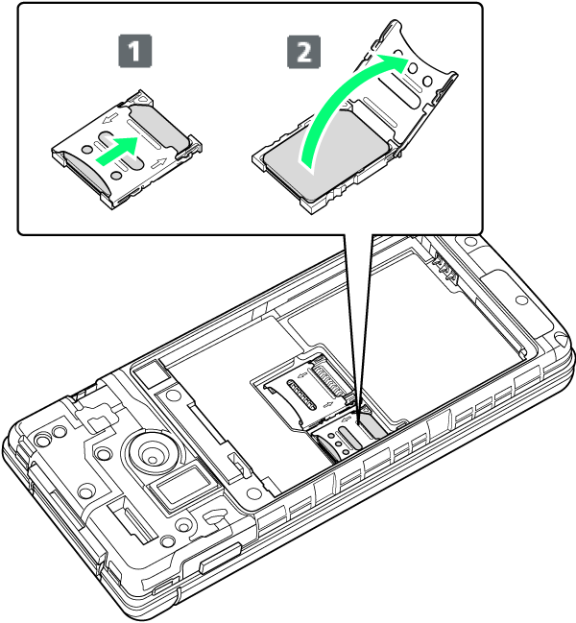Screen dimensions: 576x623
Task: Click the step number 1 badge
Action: (x=135, y=51)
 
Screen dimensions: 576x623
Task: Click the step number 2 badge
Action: (x=304, y=52)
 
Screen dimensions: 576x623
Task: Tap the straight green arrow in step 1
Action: (x=118, y=150)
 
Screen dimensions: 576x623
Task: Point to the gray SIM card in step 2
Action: (x=325, y=155)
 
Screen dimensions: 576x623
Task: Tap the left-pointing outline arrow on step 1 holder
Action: (x=110, y=118)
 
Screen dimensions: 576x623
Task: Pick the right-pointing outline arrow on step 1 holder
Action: (x=159, y=162)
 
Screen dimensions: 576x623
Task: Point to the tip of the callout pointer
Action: (x=359, y=423)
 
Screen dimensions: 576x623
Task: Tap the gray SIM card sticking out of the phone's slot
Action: (x=372, y=430)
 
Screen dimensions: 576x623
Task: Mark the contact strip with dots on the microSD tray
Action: (x=300, y=395)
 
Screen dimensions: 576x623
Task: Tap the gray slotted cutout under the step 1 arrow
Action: (x=119, y=151)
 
